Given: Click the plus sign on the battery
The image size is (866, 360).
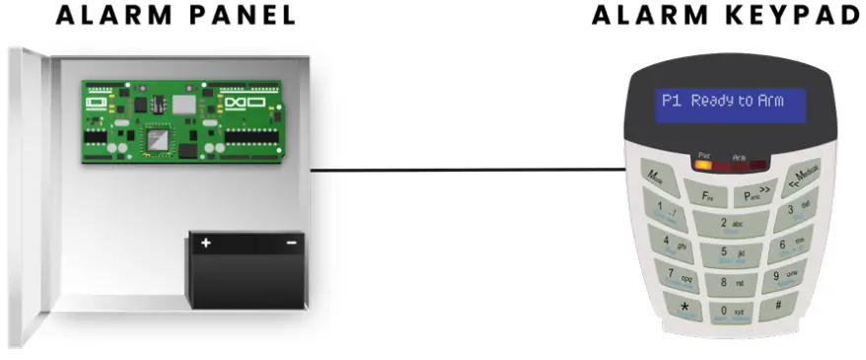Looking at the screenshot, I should [206, 243].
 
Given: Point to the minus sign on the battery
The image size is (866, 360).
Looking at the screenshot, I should [292, 243].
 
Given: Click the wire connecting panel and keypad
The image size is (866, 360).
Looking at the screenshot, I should [464, 170].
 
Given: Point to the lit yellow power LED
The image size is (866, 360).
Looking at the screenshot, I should [703, 164].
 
